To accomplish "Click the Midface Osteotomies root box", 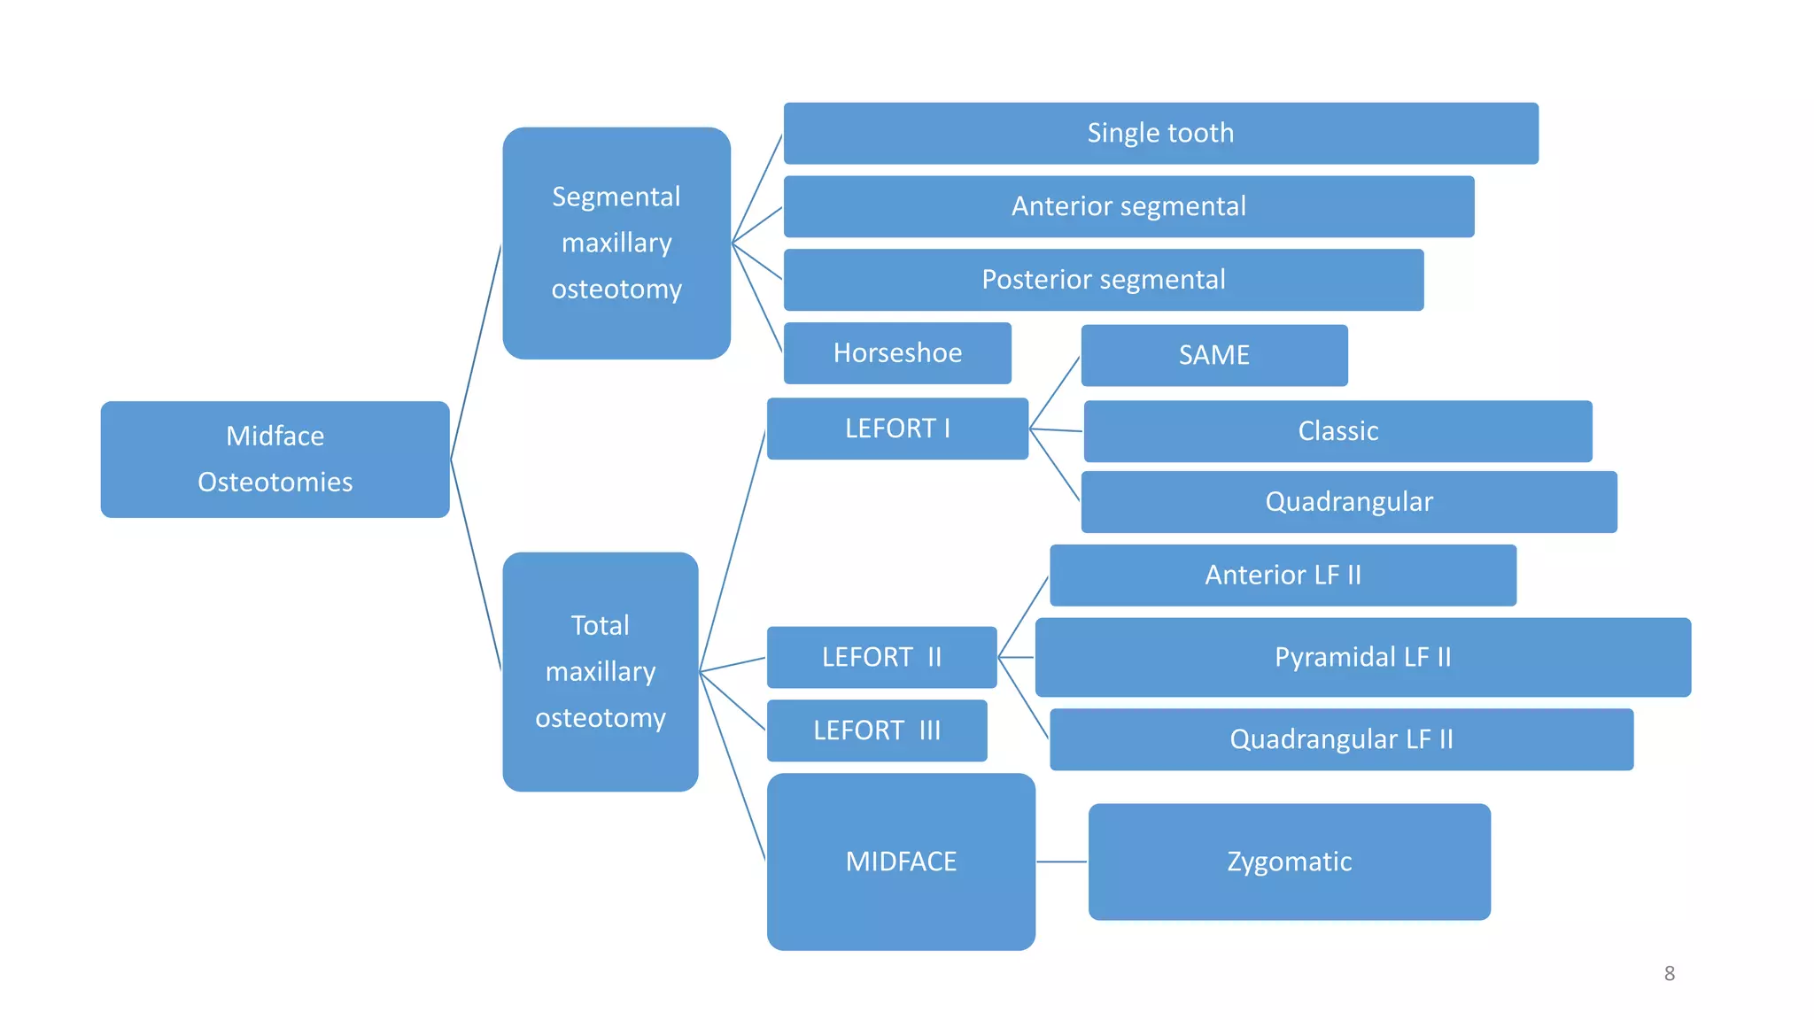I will [275, 459].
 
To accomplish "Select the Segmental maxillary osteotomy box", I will [616, 243].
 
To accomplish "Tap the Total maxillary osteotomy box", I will [600, 671].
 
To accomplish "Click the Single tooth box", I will [1160, 133].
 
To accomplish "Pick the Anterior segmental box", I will [1128, 206].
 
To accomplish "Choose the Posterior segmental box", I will [1103, 280].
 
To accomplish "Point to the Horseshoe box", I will [897, 353].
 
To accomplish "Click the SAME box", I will [1213, 355].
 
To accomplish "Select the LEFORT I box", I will [897, 429].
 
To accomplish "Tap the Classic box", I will [1337, 431].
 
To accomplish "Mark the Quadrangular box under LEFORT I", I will [1348, 502].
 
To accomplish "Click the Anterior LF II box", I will [1283, 576].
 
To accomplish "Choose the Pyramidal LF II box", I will [1362, 657].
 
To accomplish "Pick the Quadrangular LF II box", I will [1341, 739].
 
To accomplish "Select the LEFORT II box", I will [881, 657].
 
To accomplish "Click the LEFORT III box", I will [876, 730].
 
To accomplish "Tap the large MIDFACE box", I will [901, 862].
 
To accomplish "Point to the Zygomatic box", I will [1289, 862].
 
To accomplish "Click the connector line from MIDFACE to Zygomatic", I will [1061, 862].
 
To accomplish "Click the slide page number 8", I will [1669, 973].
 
